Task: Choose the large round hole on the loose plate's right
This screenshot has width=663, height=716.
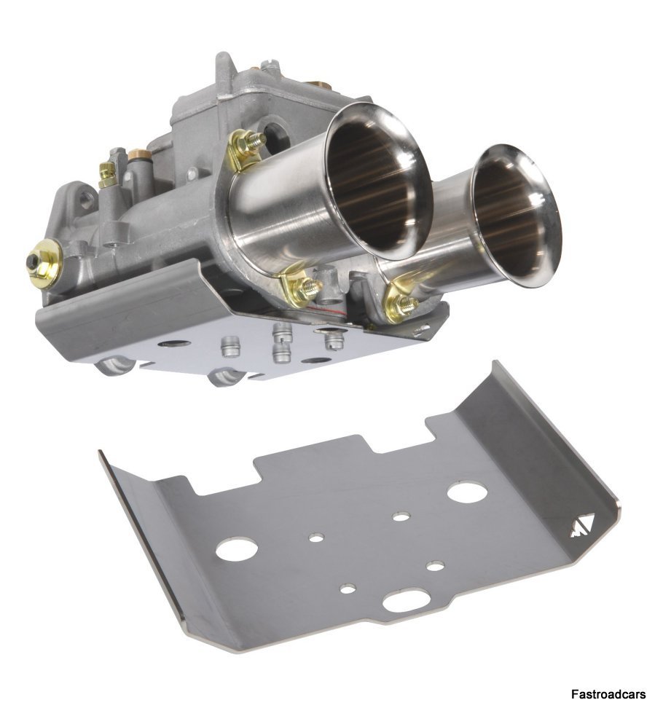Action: [x=463, y=492]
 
